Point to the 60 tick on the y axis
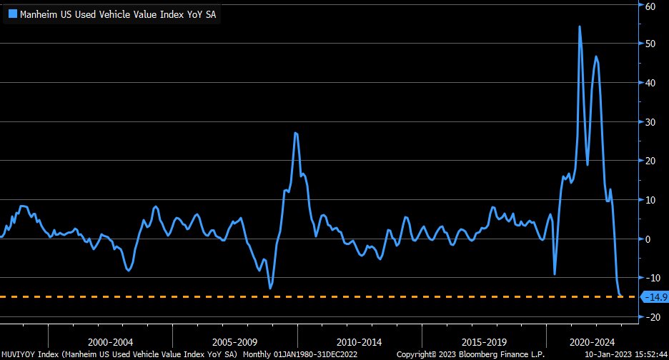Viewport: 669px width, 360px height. pos(650,6)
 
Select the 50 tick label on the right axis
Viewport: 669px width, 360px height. pos(650,44)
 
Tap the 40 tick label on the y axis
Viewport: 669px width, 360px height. pos(650,83)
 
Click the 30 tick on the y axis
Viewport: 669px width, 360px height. pos(650,122)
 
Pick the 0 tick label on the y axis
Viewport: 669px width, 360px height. pos(648,239)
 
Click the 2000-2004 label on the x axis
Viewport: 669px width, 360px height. pos(111,342)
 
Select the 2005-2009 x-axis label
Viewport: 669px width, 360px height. pos(235,342)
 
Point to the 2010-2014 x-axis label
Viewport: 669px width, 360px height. pos(360,342)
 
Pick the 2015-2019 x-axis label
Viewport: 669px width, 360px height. pos(484,342)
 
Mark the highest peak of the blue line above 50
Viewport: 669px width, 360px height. pos(579,27)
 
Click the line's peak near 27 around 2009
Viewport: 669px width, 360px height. pos(296,134)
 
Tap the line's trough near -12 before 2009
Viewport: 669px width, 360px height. pos(270,288)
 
